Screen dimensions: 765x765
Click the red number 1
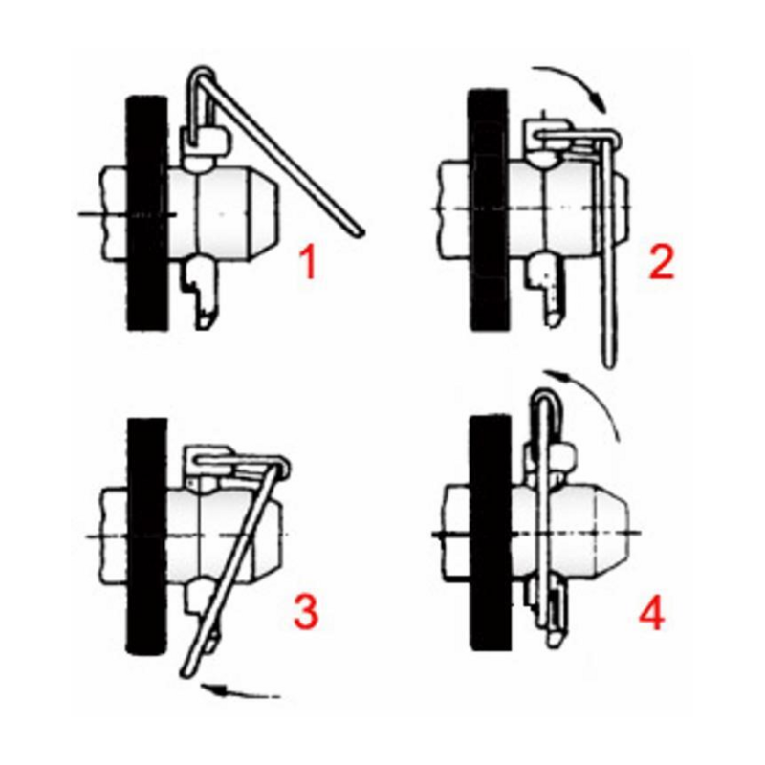[x=308, y=262]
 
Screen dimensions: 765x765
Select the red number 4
[x=652, y=612]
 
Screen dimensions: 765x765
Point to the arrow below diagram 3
[x=239, y=691]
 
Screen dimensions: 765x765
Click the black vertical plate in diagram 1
[x=147, y=213]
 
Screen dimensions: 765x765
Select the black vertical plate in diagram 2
[x=489, y=209]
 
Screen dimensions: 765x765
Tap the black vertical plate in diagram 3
[x=147, y=535]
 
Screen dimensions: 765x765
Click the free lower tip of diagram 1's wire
[x=361, y=232]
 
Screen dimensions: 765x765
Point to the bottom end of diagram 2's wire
[x=608, y=362]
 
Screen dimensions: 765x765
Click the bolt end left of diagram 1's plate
[x=113, y=213]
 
